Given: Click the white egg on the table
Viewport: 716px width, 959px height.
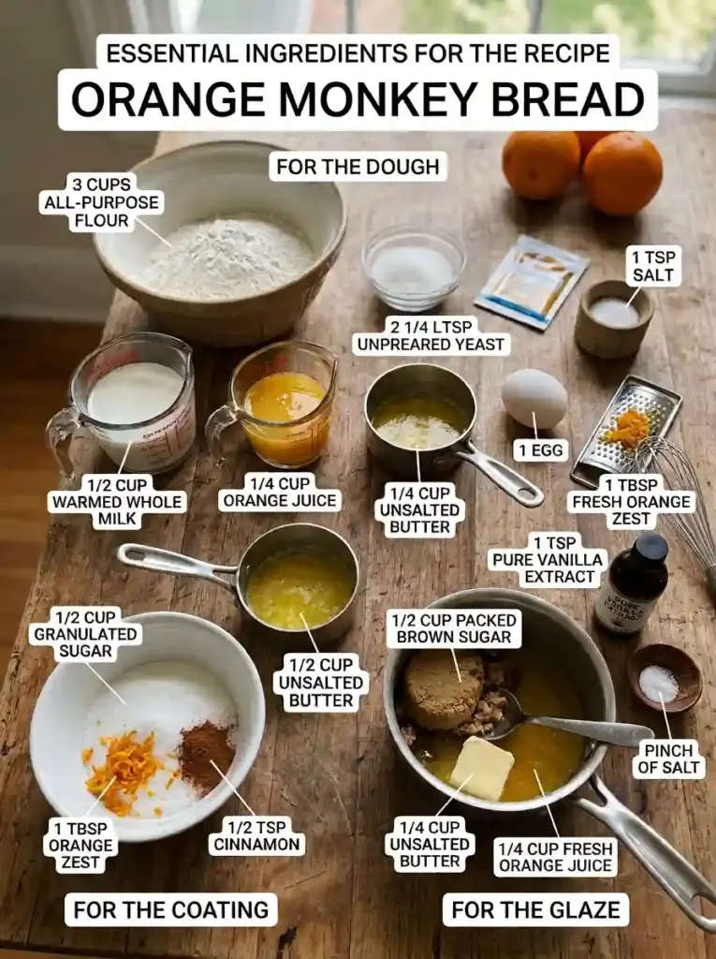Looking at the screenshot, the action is (534, 398).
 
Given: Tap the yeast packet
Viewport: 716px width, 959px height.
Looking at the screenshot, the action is (532, 281).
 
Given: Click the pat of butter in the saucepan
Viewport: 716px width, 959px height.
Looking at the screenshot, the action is (482, 768).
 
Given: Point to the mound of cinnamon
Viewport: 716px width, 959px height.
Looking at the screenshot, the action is (207, 755).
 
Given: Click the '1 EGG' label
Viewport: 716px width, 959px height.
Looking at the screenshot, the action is (541, 450).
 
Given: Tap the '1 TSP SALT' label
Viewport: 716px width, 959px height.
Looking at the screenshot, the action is (653, 266).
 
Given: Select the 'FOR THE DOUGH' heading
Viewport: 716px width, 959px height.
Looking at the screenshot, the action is (358, 167).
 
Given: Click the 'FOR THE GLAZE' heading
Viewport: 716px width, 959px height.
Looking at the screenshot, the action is (535, 909).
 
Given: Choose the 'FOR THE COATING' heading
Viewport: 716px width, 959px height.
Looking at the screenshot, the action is (170, 909).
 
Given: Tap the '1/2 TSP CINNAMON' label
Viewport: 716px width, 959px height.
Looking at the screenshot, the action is (256, 836).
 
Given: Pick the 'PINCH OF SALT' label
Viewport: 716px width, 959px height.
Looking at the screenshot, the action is (668, 759).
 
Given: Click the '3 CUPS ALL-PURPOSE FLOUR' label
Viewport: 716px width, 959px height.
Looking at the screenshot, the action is (101, 202).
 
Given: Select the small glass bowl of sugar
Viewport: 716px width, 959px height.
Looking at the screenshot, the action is (412, 267).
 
